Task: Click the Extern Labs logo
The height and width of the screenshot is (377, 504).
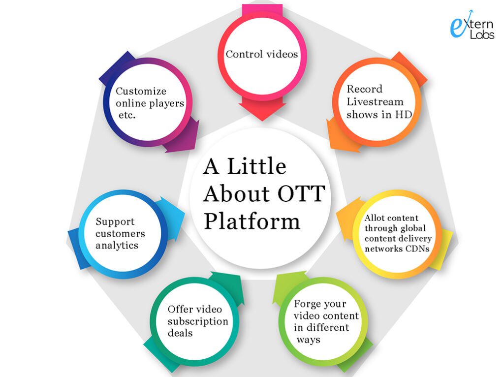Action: [x=472, y=25]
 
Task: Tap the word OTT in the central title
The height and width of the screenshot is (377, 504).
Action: [x=301, y=193]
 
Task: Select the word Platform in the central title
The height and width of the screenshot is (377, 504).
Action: [x=252, y=221]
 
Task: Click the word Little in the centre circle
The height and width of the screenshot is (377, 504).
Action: [x=256, y=166]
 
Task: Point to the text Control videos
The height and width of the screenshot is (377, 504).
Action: [x=262, y=54]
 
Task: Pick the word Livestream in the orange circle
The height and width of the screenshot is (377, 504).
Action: [x=375, y=101]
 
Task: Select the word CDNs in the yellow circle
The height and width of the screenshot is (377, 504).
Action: [x=417, y=249]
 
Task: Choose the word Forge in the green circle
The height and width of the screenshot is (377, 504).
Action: [x=307, y=304]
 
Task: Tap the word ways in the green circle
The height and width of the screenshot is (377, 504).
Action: [x=308, y=340]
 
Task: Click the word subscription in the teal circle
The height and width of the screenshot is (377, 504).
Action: [x=198, y=321]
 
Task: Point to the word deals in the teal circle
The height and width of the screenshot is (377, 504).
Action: [x=180, y=333]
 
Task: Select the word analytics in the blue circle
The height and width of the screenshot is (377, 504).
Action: [x=117, y=246]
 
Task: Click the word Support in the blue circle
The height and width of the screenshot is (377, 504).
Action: [x=115, y=222]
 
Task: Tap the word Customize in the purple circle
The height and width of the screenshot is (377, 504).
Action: [x=141, y=91]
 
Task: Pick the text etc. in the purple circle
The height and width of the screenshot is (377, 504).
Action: [x=127, y=115]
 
